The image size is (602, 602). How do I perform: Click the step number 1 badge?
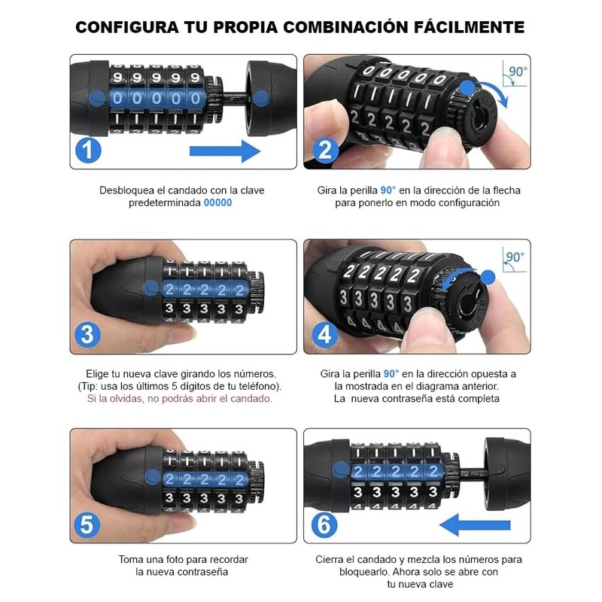89,150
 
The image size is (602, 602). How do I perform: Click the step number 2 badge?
324,150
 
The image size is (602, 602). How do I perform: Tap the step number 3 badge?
89,335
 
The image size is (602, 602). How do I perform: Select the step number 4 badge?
324,335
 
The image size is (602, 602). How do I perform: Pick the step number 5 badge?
89,524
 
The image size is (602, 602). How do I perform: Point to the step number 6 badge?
324,524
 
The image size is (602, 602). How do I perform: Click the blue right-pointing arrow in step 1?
224,151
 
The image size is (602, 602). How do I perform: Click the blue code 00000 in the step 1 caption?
217,203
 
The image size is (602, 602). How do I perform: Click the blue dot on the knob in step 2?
467,88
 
